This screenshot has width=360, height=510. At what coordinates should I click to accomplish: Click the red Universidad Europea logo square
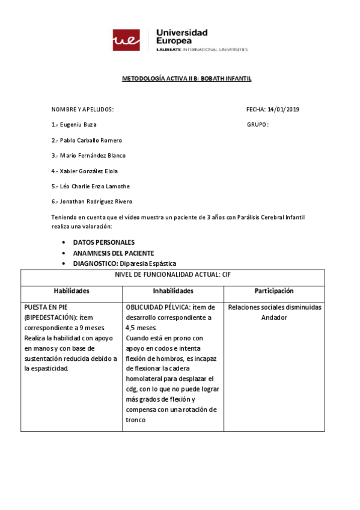click(126, 40)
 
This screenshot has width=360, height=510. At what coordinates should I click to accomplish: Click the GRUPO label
click(257, 124)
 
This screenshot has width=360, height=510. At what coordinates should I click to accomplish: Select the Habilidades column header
click(72, 290)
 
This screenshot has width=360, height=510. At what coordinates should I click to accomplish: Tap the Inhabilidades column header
click(173, 290)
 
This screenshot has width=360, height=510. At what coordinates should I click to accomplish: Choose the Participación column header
click(273, 290)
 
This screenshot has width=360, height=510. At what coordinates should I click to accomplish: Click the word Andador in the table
click(274, 317)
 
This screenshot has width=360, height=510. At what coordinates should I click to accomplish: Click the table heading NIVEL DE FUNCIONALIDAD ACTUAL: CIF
click(173, 274)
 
